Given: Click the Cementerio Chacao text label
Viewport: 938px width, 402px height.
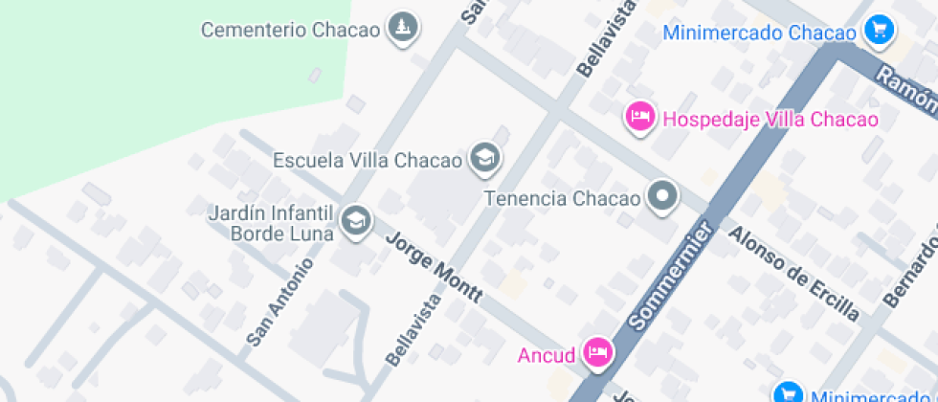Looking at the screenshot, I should tap(290, 30).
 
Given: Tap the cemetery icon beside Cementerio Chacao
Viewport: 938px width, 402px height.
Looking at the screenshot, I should tap(404, 28).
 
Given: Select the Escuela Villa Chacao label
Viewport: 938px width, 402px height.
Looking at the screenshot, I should tap(367, 160).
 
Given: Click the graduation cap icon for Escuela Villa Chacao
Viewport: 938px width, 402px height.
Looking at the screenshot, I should tap(485, 158).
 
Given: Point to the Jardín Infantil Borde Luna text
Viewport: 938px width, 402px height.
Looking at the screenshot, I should tap(270, 222).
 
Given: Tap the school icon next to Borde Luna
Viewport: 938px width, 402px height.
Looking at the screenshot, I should tap(356, 220).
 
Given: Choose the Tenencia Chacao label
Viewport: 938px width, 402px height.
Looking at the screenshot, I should tap(561, 199).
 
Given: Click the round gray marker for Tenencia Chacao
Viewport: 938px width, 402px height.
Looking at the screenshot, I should tap(661, 198).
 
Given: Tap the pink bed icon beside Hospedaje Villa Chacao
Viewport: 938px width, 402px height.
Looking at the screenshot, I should tap(639, 118).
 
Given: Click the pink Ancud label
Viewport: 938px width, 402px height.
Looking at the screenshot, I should tap(547, 356).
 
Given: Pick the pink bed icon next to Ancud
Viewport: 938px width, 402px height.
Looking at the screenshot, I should tap(598, 352).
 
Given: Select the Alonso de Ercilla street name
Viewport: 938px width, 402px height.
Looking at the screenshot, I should tap(793, 273).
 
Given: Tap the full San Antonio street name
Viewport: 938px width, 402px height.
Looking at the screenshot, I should tap(279, 302).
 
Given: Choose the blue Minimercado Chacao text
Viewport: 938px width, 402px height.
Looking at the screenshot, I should tap(760, 33).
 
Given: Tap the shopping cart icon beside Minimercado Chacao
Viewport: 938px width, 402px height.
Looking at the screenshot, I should tap(878, 31).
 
